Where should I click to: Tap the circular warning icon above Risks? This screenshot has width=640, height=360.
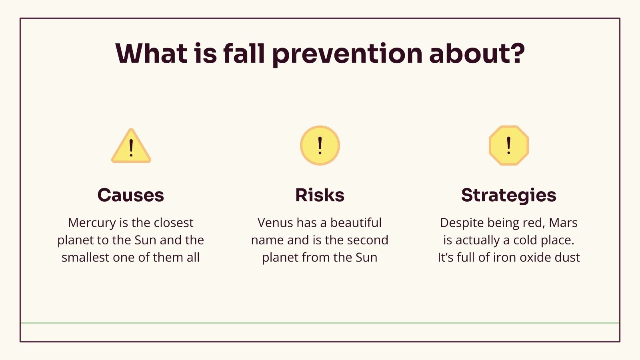coord(320,146)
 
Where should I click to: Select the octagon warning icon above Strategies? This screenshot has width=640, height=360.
coord(508,146)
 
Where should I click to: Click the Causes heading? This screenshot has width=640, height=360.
coord(130,195)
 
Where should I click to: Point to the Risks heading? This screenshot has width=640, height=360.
coord(320,195)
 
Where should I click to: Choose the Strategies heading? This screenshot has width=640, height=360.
coord(508,195)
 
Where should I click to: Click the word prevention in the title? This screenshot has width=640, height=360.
coord(347,54)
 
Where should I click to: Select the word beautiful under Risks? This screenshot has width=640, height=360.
coord(356,223)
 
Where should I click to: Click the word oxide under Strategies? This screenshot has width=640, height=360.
coord(533,257)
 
